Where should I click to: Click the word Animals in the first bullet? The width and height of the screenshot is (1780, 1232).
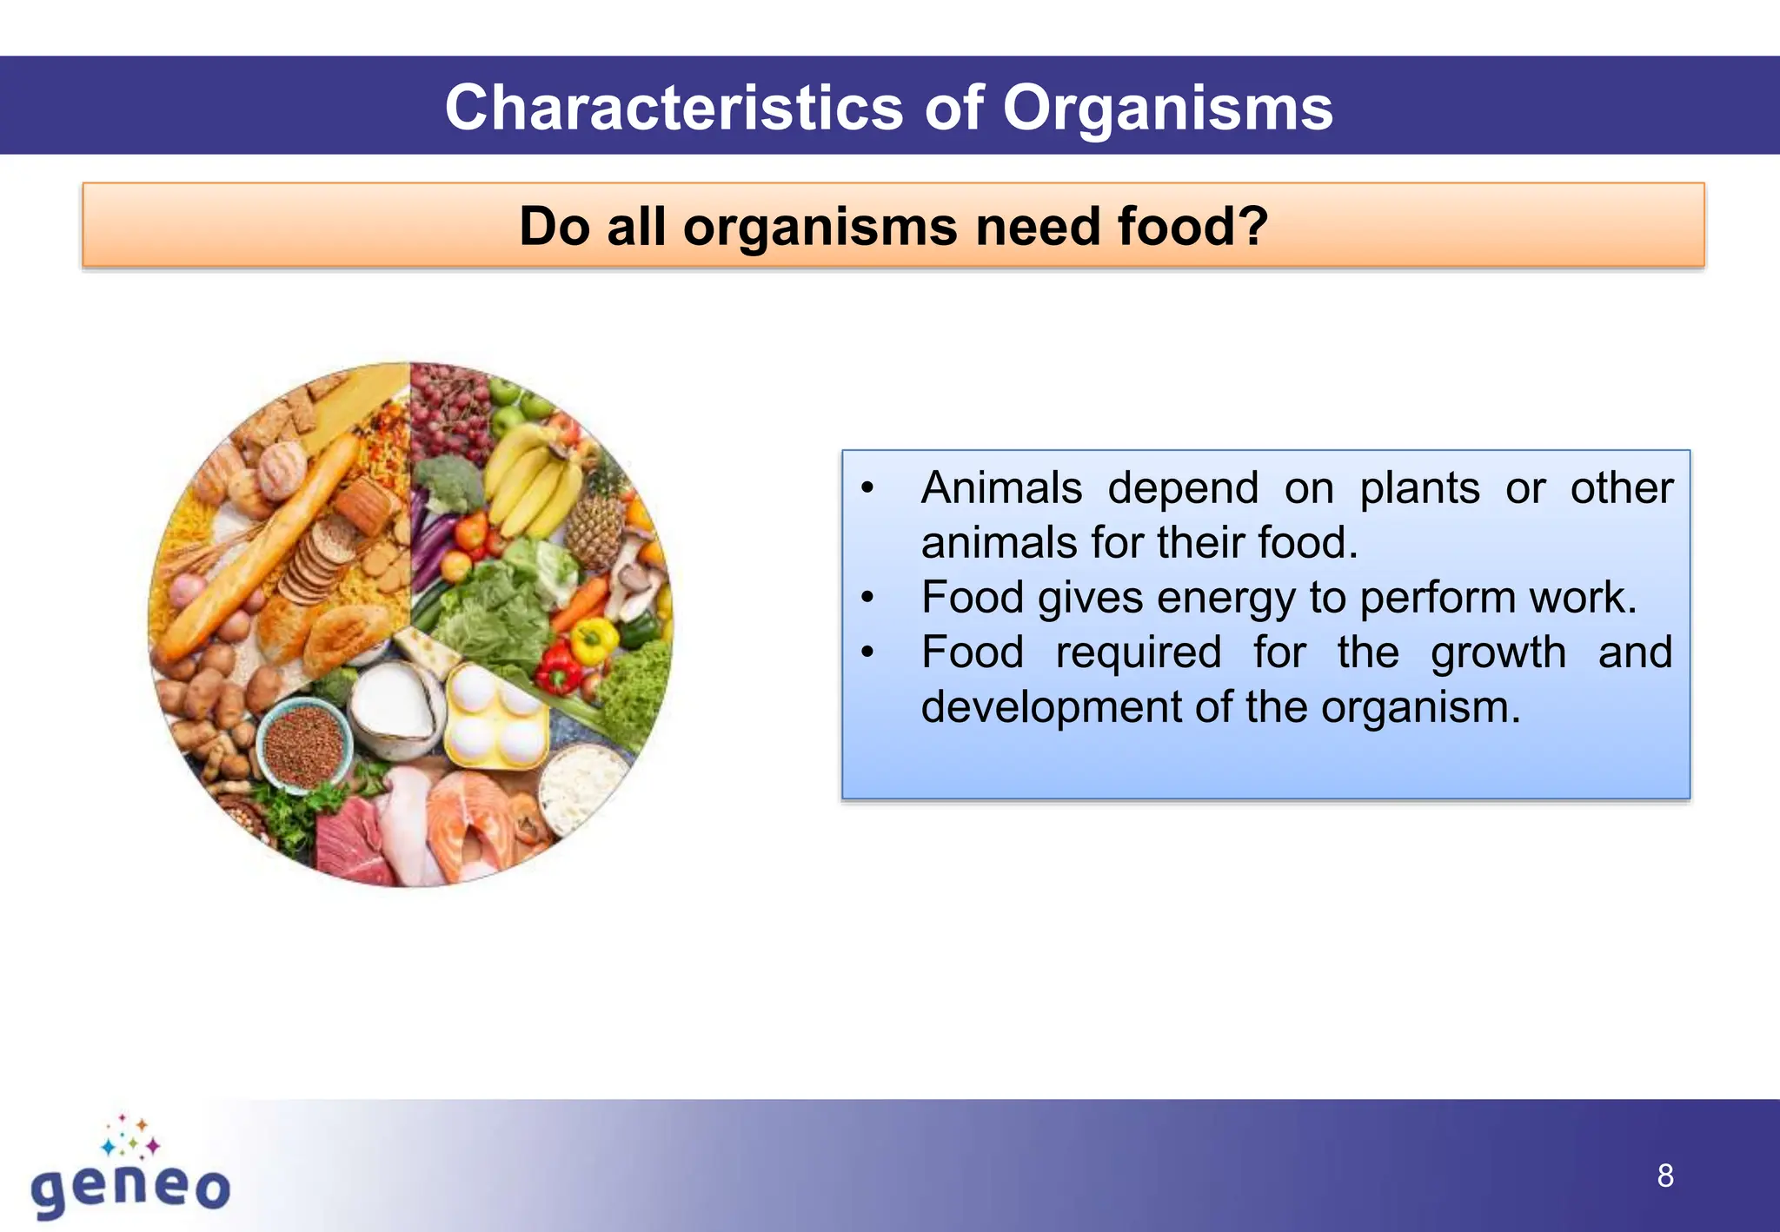[x=1001, y=487]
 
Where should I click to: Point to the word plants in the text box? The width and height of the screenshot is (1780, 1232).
[x=1419, y=487]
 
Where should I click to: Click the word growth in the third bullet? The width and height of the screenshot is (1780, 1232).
[x=1498, y=652]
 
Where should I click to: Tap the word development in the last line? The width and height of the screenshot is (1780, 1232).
[x=1050, y=706]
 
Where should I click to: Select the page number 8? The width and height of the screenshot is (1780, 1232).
[x=1664, y=1176]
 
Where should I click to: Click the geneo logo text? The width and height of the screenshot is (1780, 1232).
[x=130, y=1188]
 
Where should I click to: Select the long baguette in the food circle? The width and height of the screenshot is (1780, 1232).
[x=261, y=547]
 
